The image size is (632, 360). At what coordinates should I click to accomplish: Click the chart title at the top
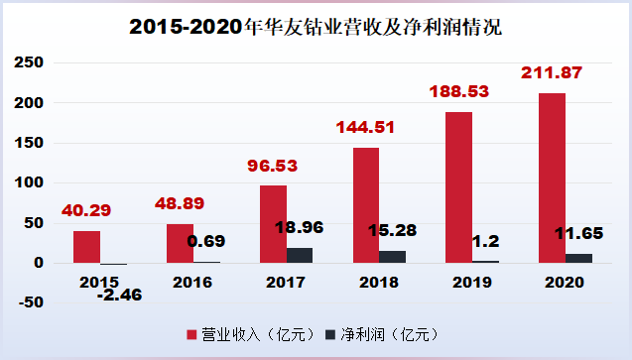tap(316, 27)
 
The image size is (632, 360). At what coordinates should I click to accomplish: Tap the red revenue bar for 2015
tap(86, 247)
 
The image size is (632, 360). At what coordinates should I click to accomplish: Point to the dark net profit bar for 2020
tap(578, 258)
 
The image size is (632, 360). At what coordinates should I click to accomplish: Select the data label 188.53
tap(458, 92)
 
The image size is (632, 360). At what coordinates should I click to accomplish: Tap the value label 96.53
tap(273, 166)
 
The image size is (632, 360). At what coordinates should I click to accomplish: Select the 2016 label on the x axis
tap(192, 281)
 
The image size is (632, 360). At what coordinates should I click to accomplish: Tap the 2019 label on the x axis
tap(471, 281)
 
